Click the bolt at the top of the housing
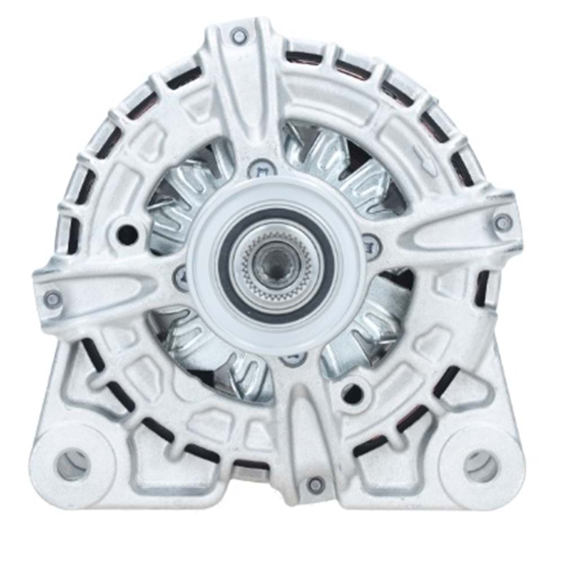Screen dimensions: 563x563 [239, 36]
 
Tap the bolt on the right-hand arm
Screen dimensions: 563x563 [503, 223]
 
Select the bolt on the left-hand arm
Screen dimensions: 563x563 [52, 299]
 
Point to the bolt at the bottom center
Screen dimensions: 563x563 [316, 484]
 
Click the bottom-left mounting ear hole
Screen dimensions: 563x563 [73, 464]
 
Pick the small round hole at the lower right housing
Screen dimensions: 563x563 [352, 394]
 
